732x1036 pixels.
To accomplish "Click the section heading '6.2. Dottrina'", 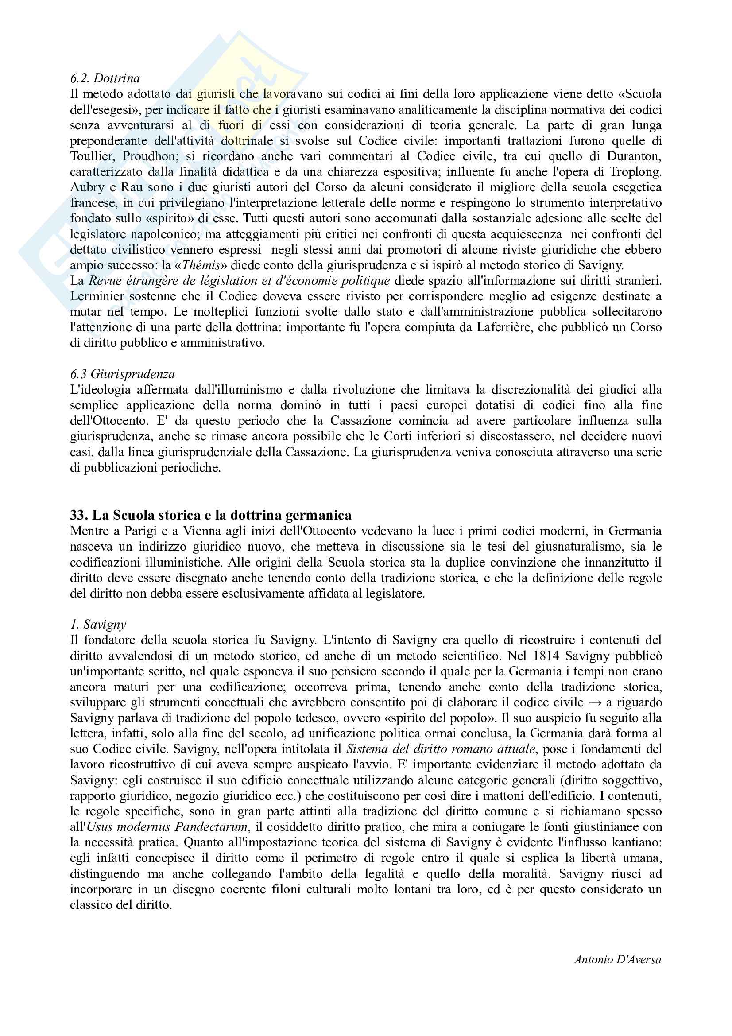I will pos(105,78).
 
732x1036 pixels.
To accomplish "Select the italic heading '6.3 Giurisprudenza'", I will pos(122,374).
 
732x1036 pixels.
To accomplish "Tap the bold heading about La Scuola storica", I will pos(211,515).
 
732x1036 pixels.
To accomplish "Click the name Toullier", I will pos(91,156).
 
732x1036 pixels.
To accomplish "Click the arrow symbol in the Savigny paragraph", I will pos(594,702).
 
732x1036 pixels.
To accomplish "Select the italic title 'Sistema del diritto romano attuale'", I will pos(441,749).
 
